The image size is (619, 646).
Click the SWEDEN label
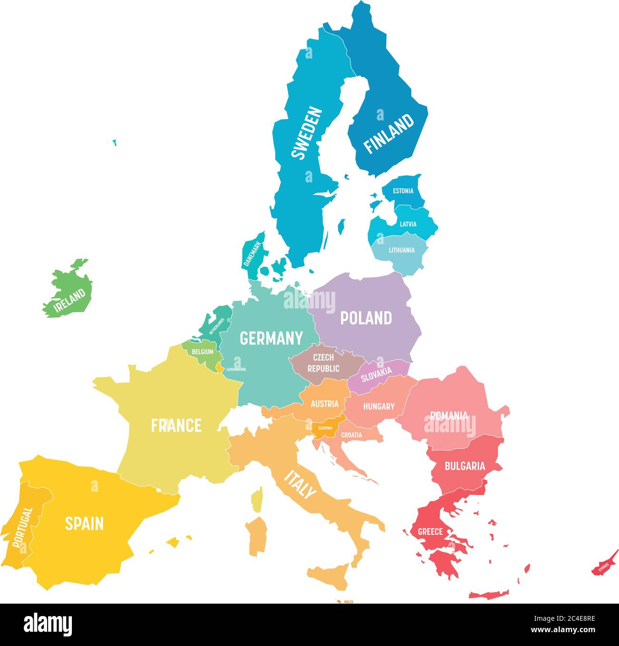tap(307, 133)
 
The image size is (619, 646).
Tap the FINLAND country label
tap(389, 133)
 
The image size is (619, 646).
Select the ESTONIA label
tap(403, 191)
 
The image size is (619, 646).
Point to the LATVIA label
tap(408, 224)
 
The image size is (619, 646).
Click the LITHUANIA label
tap(401, 250)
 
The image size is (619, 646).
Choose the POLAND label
tap(366, 318)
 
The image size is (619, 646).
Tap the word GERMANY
tap(271, 338)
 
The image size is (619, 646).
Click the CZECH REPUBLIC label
tap(323, 363)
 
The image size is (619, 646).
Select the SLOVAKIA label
tap(376, 374)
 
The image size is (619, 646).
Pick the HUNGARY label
tap(379, 406)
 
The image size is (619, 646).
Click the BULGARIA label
tap(465, 466)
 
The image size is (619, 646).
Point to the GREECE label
tap(430, 531)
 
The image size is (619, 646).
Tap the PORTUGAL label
tap(22, 527)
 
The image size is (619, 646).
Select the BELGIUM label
tap(202, 352)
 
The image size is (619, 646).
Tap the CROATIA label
tap(351, 435)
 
